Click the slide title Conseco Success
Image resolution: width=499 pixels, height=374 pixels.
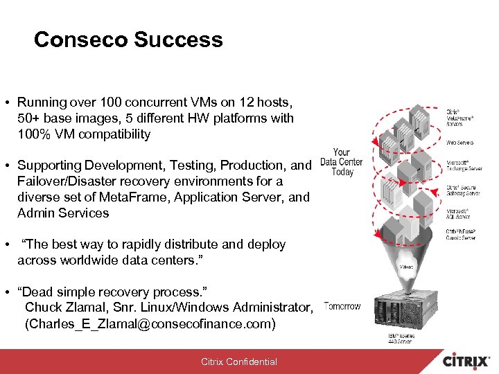[x=128, y=39]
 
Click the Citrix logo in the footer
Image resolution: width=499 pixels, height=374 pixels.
[x=468, y=362]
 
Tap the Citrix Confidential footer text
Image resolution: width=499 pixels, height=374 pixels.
[x=239, y=362]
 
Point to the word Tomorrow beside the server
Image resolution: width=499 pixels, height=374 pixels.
[x=342, y=306]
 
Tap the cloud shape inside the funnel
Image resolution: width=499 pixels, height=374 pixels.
[x=405, y=268]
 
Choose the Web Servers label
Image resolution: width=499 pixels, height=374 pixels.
[x=460, y=142]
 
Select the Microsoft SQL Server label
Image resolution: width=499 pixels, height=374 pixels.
[x=461, y=213]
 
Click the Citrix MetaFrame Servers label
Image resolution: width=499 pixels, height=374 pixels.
[x=460, y=118]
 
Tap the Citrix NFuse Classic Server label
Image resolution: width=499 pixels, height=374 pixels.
[x=461, y=233]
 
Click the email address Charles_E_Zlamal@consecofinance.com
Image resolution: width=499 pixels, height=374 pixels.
[x=150, y=324]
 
